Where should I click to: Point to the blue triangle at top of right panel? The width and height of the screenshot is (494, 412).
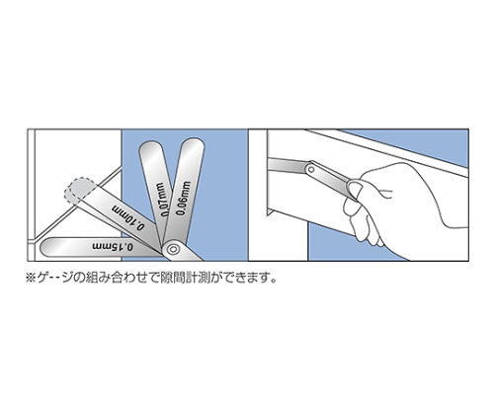pyautogui.click(x=435, y=138)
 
